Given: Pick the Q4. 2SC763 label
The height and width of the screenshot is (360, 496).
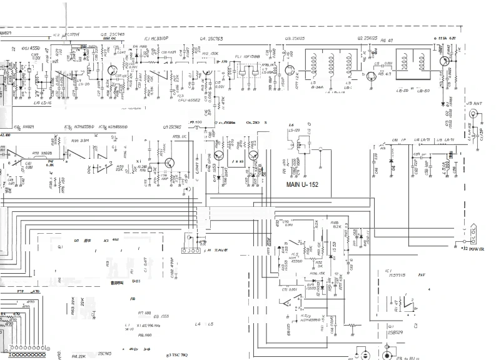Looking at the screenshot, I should point(213,39).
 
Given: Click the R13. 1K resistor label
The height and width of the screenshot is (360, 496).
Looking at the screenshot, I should point(180,136).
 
